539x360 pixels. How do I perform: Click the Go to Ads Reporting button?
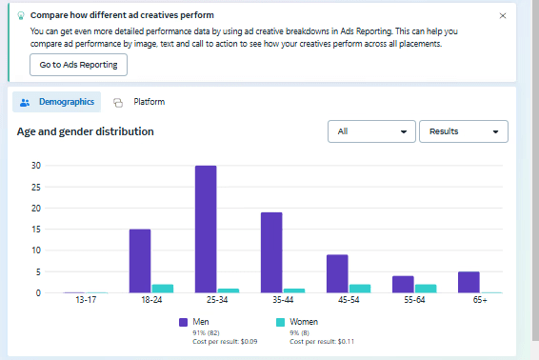click(x=78, y=65)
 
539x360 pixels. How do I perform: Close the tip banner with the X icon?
click(x=503, y=16)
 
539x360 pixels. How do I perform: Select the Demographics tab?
click(x=57, y=102)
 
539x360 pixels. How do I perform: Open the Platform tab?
click(x=139, y=102)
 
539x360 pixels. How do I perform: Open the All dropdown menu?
click(x=371, y=131)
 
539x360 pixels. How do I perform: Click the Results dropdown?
click(x=464, y=131)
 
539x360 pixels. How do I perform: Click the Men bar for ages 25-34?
click(x=206, y=230)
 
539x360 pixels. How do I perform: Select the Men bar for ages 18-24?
click(x=140, y=261)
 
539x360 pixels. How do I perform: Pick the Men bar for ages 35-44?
click(x=271, y=252)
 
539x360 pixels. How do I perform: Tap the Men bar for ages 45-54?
click(x=337, y=273)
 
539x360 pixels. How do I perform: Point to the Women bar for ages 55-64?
click(x=426, y=289)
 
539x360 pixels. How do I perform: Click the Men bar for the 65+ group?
click(x=469, y=282)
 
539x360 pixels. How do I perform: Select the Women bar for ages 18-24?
click(x=163, y=289)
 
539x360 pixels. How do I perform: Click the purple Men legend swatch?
click(x=183, y=322)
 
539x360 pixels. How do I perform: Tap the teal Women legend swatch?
click(x=281, y=322)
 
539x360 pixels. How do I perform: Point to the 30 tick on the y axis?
click(x=36, y=166)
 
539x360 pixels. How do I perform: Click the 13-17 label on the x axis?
click(x=86, y=300)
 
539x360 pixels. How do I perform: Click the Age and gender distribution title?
click(x=86, y=131)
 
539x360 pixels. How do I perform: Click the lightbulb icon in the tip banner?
click(x=21, y=15)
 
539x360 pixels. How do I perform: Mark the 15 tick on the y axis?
click(x=36, y=230)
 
